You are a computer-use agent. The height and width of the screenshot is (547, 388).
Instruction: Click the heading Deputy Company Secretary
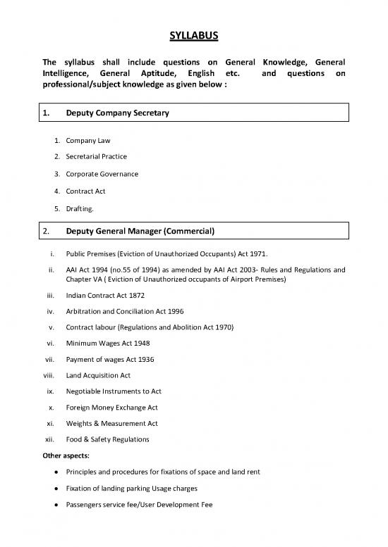tap(118, 113)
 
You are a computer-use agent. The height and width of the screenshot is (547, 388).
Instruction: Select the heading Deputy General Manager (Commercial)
tap(140, 230)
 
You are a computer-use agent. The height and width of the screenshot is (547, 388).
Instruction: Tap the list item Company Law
tap(88, 142)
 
